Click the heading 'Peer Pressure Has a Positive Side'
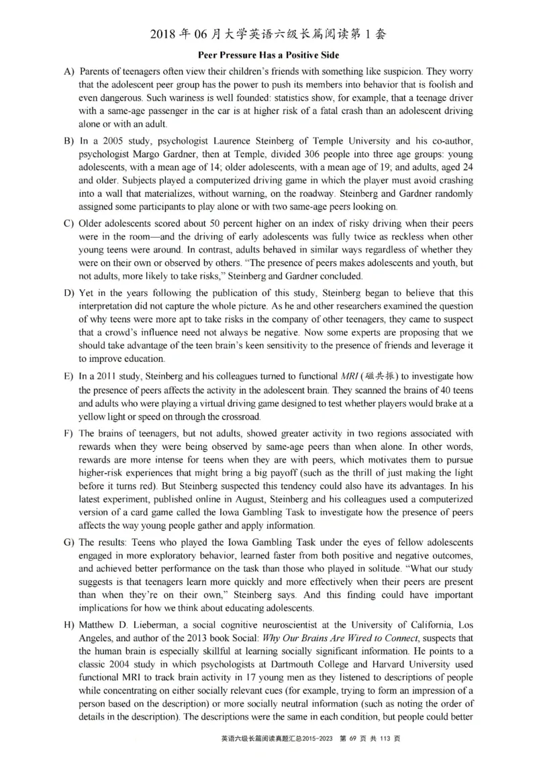(x=268, y=54)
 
